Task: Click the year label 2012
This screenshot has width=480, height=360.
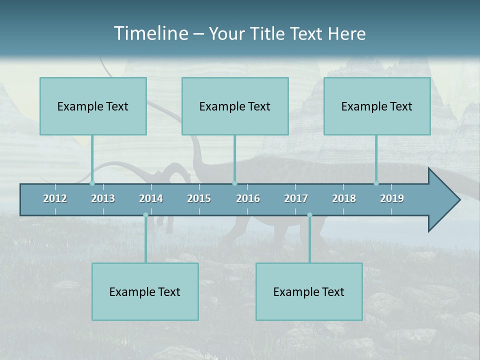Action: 55,198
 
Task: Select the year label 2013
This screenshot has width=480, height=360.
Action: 103,198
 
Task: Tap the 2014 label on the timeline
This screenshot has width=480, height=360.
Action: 151,198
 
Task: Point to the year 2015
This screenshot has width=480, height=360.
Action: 199,198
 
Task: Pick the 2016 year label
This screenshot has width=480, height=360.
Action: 248,198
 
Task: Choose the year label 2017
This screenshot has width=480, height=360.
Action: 296,198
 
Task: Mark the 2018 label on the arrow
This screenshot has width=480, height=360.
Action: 344,198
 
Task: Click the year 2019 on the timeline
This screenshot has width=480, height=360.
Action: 392,198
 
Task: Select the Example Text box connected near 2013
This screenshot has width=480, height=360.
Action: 93,106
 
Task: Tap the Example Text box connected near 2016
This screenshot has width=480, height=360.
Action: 235,106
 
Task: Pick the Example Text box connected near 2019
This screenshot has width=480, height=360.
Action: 377,106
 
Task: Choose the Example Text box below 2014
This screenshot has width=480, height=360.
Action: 145,291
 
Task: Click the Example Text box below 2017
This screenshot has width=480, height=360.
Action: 309,291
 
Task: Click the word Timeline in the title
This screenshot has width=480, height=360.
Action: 150,33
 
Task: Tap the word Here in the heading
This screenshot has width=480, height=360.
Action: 346,33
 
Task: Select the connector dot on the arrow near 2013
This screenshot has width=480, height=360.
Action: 92,183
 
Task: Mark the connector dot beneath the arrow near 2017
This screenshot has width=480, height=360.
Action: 309,215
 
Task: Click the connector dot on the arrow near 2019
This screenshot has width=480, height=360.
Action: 376,183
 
